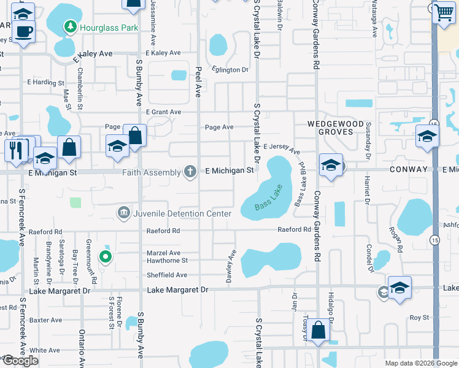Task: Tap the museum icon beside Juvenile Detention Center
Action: tap(123, 213)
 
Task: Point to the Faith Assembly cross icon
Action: tap(191, 172)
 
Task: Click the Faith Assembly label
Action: tap(151, 172)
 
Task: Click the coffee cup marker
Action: tap(23, 31)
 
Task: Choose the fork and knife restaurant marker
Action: tap(17, 149)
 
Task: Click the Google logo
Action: tap(20, 361)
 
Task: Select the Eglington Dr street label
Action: tap(227, 70)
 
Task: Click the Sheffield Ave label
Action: tap(167, 275)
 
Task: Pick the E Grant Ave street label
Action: tap(163, 112)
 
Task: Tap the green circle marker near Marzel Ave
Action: tap(106, 257)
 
